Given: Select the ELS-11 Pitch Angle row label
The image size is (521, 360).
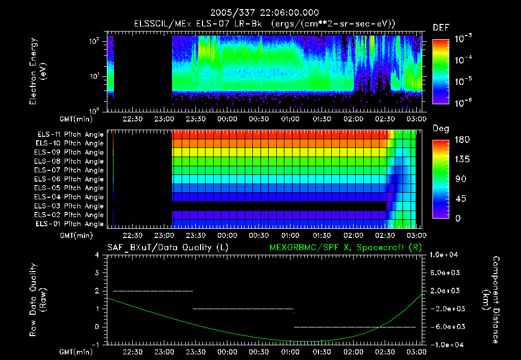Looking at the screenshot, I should point(70,135).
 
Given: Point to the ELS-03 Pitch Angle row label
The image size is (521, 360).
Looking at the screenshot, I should point(70,206).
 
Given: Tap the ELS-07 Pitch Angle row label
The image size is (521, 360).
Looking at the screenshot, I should point(70,170).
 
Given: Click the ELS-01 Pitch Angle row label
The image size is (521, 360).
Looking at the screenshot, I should point(70,224).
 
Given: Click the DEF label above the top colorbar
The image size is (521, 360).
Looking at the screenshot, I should point(441,28).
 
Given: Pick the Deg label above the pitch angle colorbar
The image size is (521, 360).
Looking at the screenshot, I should point(441,129).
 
